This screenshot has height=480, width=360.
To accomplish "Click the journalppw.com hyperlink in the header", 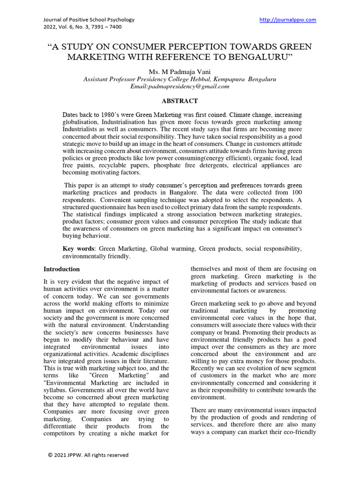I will pyautogui.click(x=288, y=20).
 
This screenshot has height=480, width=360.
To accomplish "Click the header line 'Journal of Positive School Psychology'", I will pyautogui.click(x=89, y=20).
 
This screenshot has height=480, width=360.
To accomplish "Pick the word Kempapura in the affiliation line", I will pyautogui.click(x=226, y=79).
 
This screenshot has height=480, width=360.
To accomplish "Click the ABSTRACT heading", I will pyautogui.click(x=180, y=101).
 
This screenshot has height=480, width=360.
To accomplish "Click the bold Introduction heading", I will pyautogui.click(x=61, y=270).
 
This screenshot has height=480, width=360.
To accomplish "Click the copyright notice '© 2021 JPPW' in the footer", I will pyautogui.click(x=88, y=455).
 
